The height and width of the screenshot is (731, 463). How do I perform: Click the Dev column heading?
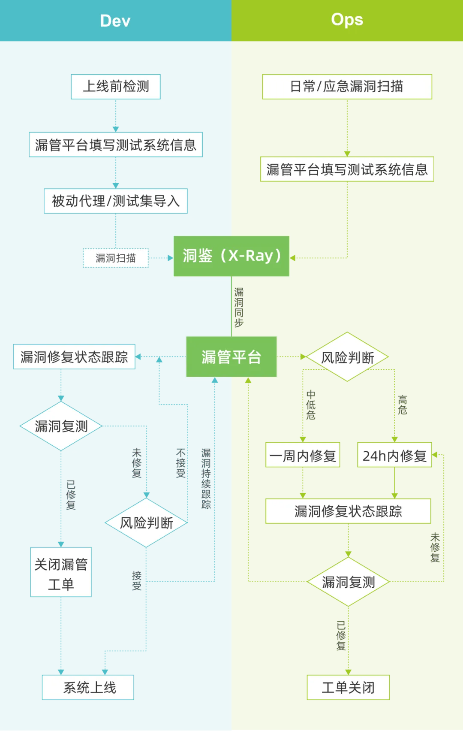[x=115, y=21]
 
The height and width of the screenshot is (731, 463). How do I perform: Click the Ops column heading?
[x=347, y=20]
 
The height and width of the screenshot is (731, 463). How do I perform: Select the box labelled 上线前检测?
[x=116, y=87]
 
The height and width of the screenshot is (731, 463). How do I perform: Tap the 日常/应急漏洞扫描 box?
[x=347, y=87]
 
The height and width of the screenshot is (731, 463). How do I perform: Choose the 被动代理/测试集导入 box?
[x=116, y=201]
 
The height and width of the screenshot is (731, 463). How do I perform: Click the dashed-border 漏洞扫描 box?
[x=116, y=258]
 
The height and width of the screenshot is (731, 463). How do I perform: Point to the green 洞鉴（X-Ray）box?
[x=231, y=256]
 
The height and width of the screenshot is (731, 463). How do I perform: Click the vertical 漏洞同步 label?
[x=239, y=307]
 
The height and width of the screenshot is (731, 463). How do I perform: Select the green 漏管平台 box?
[x=231, y=357]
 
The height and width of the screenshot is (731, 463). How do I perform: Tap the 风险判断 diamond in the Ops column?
[x=347, y=357]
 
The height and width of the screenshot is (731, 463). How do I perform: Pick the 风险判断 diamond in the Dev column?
[x=146, y=523]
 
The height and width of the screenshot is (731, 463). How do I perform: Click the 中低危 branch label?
[x=311, y=405]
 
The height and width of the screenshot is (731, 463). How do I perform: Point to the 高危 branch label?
[x=402, y=405]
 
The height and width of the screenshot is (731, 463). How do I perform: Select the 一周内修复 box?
[x=303, y=455]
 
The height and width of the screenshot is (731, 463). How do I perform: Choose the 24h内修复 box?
[x=394, y=455]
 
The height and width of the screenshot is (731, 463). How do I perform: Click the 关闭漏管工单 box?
[x=61, y=572]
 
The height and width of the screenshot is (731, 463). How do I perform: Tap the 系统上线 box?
[x=88, y=687]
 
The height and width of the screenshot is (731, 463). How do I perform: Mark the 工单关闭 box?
[x=348, y=687]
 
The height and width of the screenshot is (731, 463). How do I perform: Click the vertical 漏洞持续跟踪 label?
[x=206, y=478]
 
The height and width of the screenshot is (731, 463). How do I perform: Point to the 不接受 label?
[x=181, y=463]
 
